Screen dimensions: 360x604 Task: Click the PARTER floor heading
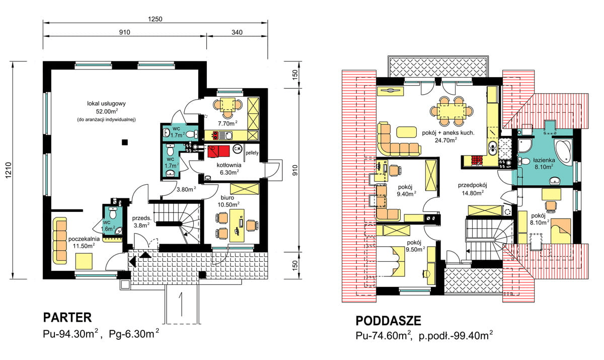pyautogui.click(x=67, y=317)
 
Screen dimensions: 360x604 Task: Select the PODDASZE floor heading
pyautogui.click(x=388, y=321)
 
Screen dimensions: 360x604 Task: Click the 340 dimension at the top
pyautogui.click(x=237, y=33)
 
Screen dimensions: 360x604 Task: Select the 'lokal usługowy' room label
pyautogui.click(x=106, y=104)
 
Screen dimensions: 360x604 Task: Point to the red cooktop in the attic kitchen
pyautogui.click(x=476, y=161)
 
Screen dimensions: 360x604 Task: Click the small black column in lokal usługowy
pyautogui.click(x=124, y=142)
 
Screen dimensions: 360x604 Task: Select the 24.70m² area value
pyautogui.click(x=444, y=140)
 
